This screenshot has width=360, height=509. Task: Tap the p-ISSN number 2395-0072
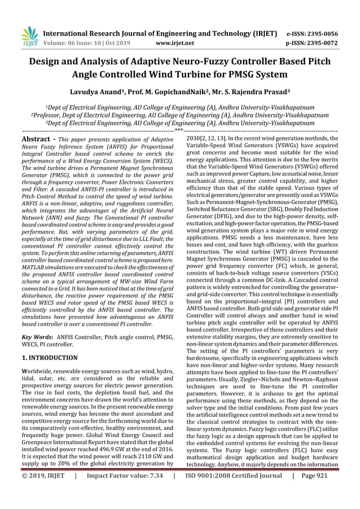pos(321,42)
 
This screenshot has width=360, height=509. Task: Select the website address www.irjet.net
pos(174,42)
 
